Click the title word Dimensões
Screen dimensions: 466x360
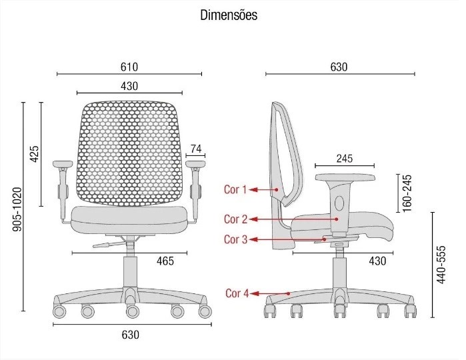[x=229, y=15]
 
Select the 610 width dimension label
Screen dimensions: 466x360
[x=129, y=67]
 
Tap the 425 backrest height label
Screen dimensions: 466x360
[x=35, y=154]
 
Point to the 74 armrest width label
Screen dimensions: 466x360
[x=196, y=149]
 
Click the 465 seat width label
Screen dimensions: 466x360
[x=165, y=261]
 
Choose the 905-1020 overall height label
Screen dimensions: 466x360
[x=17, y=209]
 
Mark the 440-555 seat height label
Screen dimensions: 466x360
[x=441, y=265]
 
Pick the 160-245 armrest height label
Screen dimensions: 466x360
[x=407, y=193]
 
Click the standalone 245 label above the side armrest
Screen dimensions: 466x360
[x=345, y=159]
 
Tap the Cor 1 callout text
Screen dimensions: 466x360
[x=235, y=189]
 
